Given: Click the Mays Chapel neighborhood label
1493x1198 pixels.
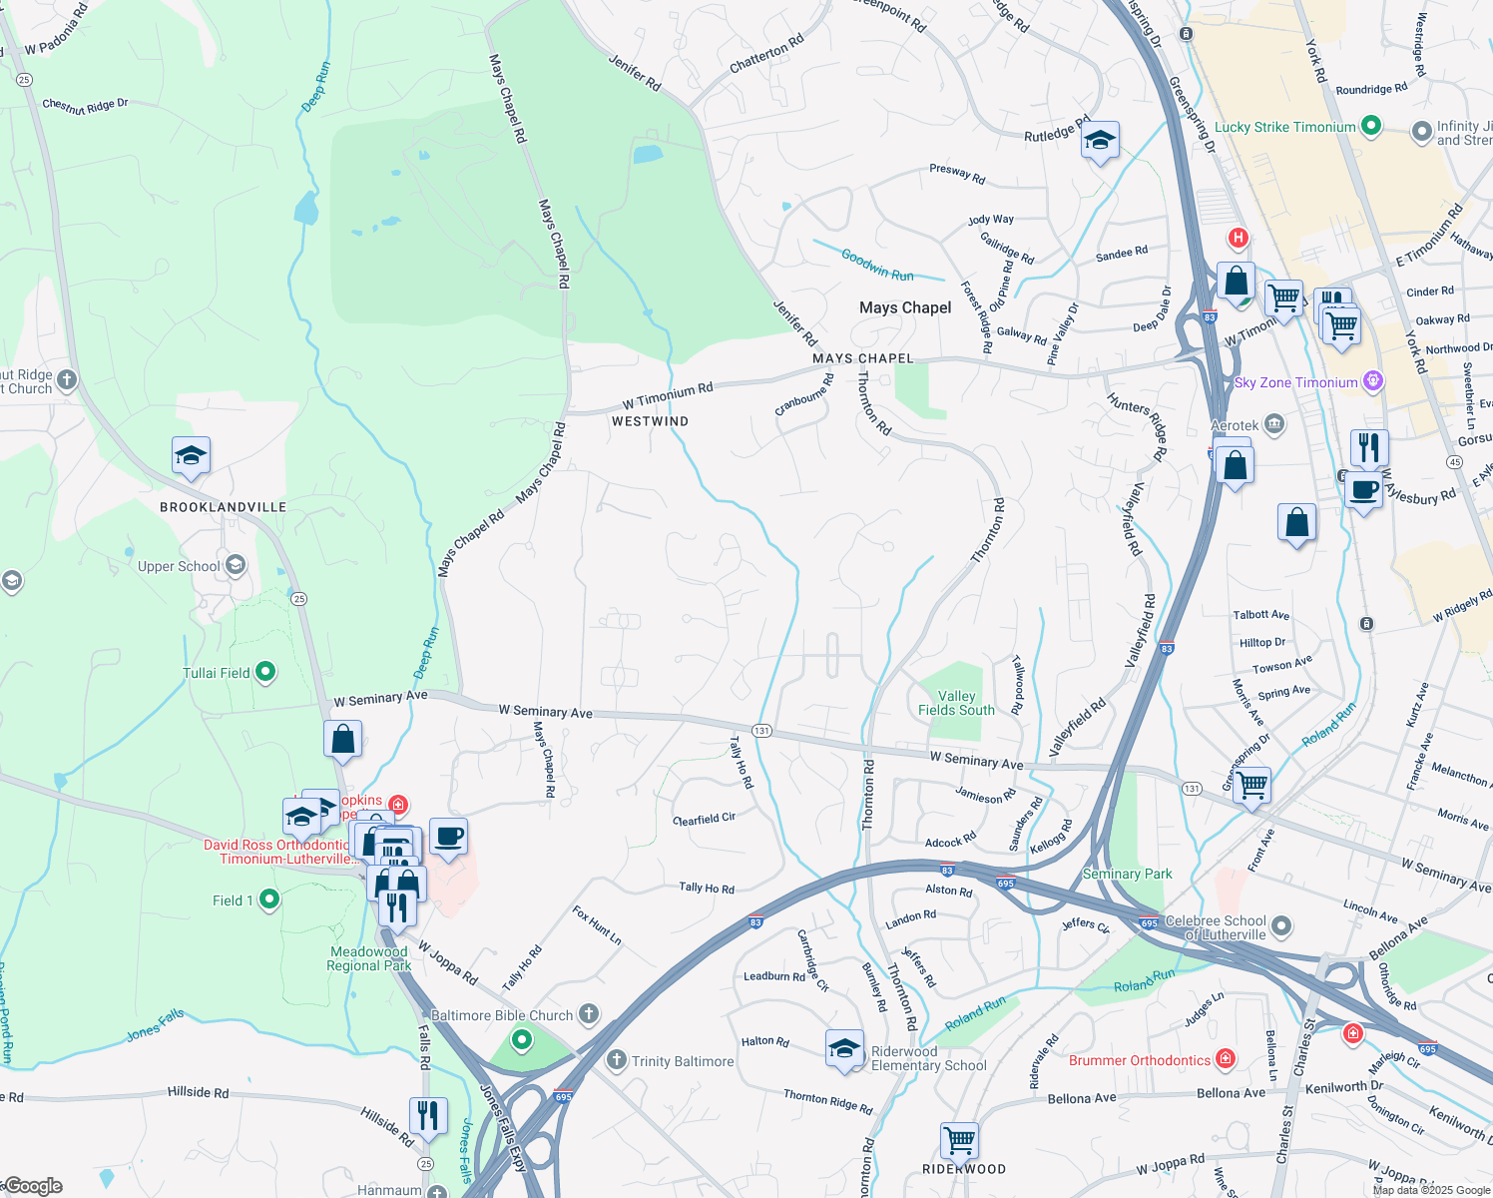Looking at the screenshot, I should pos(905,307).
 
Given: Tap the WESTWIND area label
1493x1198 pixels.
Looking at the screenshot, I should pos(650,421).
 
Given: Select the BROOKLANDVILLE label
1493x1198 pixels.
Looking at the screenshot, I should pos(223,507).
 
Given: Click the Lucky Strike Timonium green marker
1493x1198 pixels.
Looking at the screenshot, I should pos(1371,126).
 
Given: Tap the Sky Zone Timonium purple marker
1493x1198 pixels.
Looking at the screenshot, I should pos(1373,381).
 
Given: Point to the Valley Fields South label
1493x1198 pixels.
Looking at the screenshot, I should pos(956,703).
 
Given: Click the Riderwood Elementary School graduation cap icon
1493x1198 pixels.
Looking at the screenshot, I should pos(844,1048).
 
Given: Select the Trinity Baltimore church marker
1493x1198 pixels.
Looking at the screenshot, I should pos(617,1060).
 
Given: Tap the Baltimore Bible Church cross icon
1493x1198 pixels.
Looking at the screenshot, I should pos(589,1014).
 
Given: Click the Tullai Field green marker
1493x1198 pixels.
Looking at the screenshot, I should pos(265,672).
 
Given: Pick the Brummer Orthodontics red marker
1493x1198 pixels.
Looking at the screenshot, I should pos(1226,1059).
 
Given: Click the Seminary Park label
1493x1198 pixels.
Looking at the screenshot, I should pos(1128,874).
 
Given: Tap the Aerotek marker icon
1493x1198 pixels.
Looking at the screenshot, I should pos(1274,425).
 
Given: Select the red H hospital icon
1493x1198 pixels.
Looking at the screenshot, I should pos(1239,238).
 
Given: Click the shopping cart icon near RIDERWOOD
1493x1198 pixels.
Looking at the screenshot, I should pos(959,1138).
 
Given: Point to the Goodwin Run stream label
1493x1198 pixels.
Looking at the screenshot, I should pos(877,265).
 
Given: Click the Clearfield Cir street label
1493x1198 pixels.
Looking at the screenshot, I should pos(705,819).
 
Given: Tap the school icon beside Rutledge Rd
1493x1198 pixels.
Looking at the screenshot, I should pos(1099,140).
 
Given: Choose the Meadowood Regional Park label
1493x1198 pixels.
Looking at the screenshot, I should pos(369,958).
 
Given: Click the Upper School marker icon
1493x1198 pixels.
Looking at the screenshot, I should pos(236,566).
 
